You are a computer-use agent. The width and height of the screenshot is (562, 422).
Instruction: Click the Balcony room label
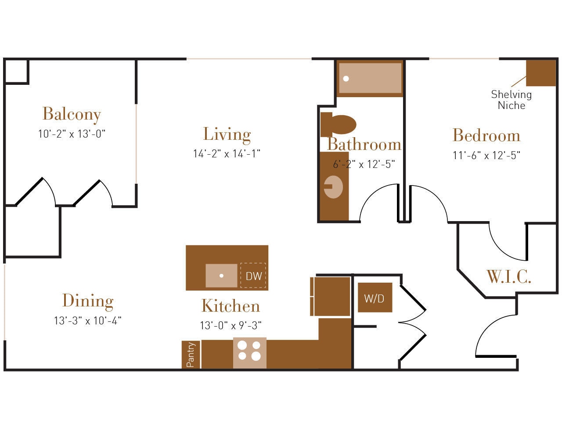[x=72, y=114]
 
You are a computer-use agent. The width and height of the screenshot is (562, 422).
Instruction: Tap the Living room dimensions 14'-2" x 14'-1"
[x=227, y=153]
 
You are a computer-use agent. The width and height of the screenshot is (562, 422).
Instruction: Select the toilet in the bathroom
[x=338, y=124]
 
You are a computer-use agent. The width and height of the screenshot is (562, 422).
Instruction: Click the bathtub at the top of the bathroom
[x=370, y=78]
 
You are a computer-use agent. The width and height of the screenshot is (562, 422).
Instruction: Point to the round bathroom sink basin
[x=333, y=187]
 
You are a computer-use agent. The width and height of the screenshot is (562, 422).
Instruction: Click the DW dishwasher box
[x=253, y=276]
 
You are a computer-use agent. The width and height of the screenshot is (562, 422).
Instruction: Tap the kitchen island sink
[x=221, y=276]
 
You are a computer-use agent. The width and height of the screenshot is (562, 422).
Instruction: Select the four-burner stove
[x=249, y=351]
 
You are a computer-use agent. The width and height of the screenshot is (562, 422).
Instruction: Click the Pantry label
[x=191, y=355]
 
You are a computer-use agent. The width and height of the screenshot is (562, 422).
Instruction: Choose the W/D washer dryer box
[x=374, y=298]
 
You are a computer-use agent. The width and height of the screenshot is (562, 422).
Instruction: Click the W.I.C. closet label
[x=509, y=277]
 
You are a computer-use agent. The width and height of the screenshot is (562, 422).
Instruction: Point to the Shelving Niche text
[x=511, y=100]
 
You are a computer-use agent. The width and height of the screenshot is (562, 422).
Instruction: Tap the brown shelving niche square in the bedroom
[x=540, y=73]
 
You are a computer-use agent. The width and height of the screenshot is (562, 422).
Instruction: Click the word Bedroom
[x=486, y=135]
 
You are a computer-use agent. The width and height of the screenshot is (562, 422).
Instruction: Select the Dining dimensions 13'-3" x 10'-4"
[x=87, y=321]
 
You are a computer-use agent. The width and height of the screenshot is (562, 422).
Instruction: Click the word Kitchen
[x=231, y=306]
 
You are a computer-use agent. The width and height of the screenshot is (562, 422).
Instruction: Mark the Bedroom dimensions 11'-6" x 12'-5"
[x=486, y=156]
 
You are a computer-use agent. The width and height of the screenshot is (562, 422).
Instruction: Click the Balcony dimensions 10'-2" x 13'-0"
[x=72, y=134]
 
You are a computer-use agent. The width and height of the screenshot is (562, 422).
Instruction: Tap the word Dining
[x=88, y=301]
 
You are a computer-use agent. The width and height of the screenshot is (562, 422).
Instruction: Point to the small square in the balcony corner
[x=16, y=71]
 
